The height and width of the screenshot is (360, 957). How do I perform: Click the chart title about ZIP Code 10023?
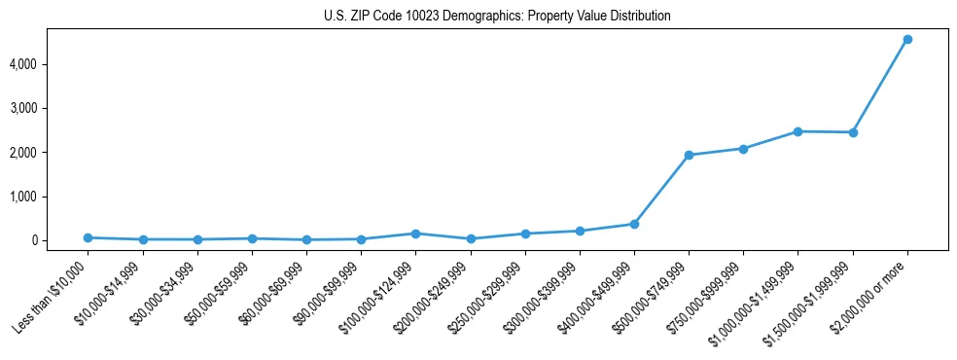[497, 17]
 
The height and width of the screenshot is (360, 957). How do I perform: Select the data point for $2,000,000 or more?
[907, 39]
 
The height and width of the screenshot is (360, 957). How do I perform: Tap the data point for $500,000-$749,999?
[689, 155]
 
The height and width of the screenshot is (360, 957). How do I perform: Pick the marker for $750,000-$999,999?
[743, 149]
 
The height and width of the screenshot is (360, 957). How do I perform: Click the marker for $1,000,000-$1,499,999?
[797, 131]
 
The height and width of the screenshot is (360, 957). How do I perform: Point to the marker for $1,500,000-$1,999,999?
[853, 132]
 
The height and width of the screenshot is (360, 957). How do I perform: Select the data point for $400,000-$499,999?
[634, 224]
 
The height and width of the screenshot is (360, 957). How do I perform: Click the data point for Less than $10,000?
[88, 237]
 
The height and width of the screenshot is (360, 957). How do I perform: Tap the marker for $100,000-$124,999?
[415, 234]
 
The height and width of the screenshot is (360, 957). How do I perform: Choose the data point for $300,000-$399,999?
[580, 231]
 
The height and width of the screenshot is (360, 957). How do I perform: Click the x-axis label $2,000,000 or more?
[871, 293]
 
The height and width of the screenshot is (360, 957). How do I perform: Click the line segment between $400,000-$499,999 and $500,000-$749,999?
[661, 190]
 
